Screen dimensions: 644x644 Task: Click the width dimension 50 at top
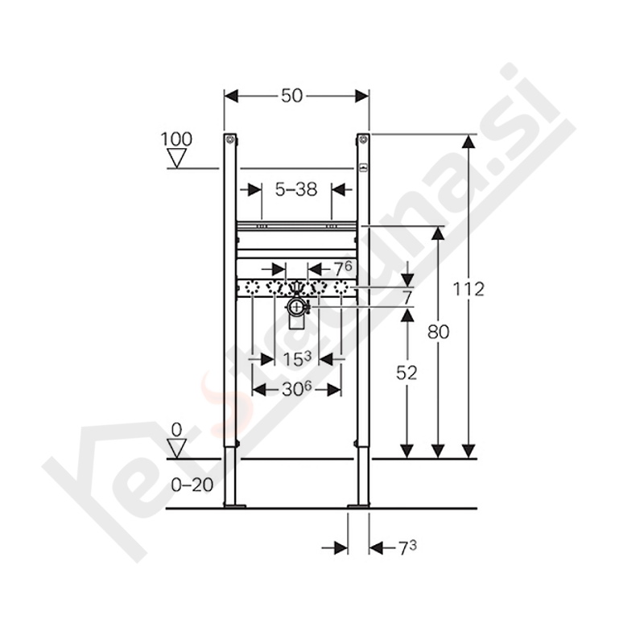pos(291,96)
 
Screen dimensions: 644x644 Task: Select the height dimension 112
pos(469,289)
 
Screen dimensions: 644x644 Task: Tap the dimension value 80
pos(439,332)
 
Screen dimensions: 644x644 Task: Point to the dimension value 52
pos(407,373)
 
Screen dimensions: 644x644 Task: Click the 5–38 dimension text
pos(296,189)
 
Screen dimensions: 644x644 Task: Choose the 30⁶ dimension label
pos(295,389)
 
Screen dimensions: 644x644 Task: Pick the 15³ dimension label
pos(297,359)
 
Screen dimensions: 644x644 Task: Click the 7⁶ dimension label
pos(343,269)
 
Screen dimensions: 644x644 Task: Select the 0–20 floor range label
pos(192,485)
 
